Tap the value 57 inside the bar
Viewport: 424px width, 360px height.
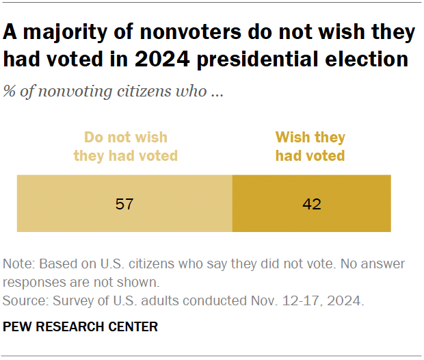(x=125, y=204)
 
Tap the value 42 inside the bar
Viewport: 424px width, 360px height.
(x=311, y=204)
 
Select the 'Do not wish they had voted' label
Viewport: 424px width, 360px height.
(x=125, y=146)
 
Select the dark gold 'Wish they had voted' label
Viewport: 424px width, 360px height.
(x=310, y=146)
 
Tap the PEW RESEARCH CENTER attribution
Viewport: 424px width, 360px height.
(x=80, y=327)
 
